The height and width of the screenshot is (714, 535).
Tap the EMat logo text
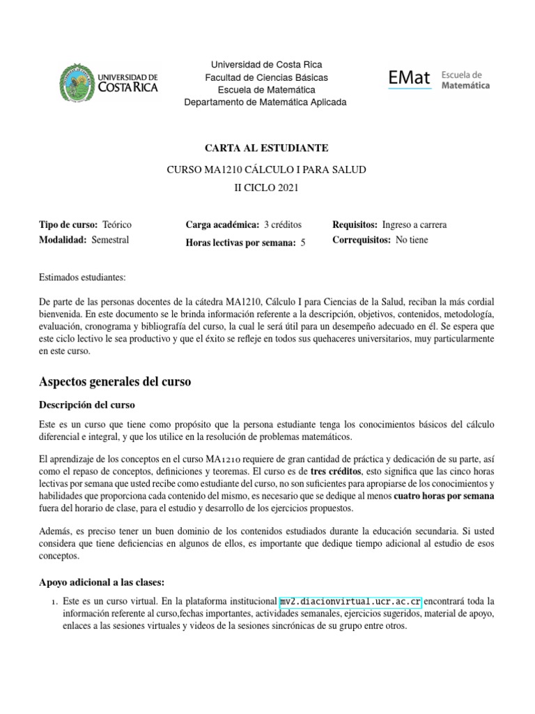tap(409, 78)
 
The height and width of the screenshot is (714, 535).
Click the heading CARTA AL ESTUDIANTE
tap(265, 148)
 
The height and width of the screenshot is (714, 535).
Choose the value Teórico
tap(116, 225)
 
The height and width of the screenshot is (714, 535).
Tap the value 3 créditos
tap(283, 225)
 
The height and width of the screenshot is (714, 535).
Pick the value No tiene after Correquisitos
tap(412, 240)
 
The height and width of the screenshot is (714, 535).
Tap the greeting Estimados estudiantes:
tap(82, 278)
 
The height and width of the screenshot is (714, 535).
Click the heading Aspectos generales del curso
tap(115, 382)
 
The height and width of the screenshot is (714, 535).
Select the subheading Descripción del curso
tap(87, 404)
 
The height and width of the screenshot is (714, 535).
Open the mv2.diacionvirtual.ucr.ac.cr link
tap(350, 601)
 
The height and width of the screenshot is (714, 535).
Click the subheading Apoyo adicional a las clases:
tap(101, 582)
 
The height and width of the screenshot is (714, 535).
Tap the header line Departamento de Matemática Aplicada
tap(265, 102)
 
